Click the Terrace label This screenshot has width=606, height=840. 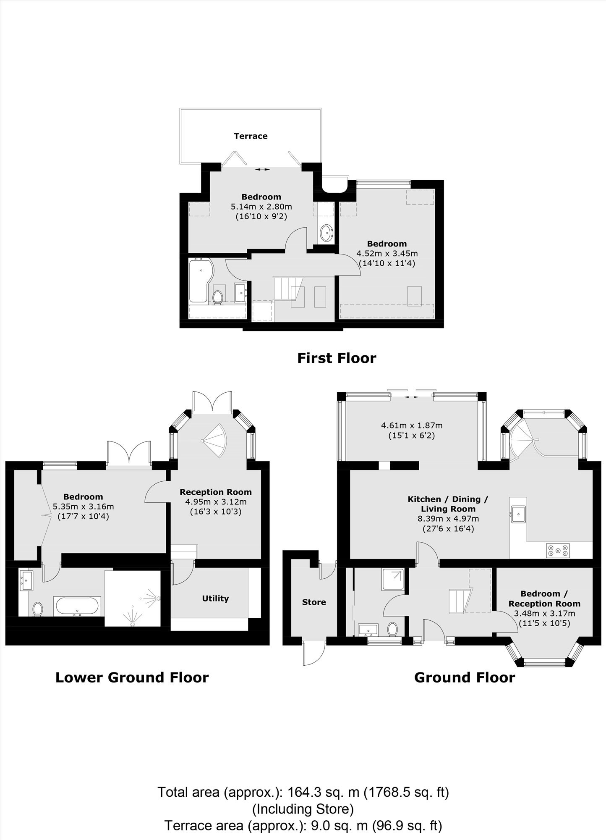pos(251,136)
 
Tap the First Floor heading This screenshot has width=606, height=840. pos(337,358)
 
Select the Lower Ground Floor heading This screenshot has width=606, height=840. pos(132,677)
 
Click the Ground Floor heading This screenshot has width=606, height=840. pos(465,677)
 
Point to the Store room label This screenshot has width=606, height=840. pos(314,602)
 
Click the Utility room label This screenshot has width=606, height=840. pos(215,598)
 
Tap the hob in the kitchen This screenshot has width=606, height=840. pos(558,550)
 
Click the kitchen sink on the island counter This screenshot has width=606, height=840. pos(518,513)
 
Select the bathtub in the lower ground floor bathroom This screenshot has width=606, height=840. pos(76,606)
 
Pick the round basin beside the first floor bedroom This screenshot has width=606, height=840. pos(327,232)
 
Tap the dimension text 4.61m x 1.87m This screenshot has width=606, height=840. pos(412,425)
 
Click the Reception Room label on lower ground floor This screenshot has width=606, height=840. pos(216,492)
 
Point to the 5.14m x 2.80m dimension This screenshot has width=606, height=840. pos(261,207)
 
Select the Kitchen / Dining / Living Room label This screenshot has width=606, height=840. pos(448,504)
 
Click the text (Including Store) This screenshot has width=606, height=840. pos(303,808)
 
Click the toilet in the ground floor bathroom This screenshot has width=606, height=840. pos(393,629)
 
